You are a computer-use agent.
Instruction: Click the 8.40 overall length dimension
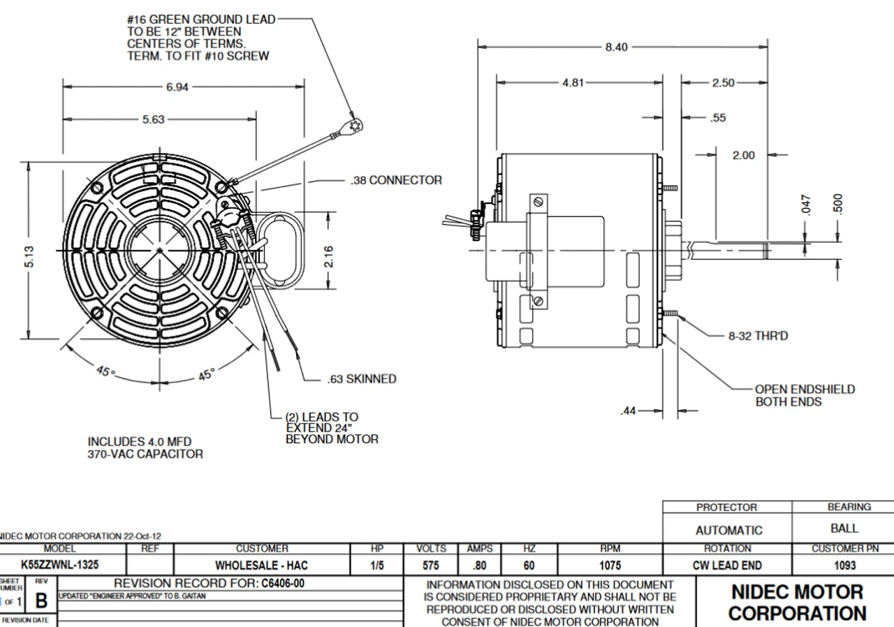616,47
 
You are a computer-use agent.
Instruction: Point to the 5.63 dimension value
153,119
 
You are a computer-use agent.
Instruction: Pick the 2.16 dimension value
328,255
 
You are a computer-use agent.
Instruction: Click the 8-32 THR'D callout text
759,336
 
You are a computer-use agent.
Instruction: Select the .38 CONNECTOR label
395,180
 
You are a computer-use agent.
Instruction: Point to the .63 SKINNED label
362,379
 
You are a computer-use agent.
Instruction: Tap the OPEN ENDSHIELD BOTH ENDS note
805,395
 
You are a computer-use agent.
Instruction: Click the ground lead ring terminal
357,126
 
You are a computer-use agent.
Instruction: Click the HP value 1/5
377,564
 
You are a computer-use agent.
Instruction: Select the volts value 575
431,564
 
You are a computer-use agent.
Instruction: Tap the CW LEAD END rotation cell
726,564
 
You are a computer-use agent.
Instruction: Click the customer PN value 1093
844,564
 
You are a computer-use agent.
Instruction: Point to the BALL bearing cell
844,529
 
